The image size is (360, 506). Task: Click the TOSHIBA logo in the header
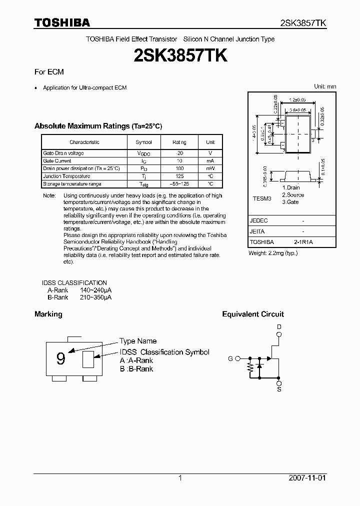click(x=62, y=22)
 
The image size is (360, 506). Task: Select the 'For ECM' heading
click(x=49, y=72)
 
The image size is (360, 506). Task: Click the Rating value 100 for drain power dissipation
click(x=179, y=168)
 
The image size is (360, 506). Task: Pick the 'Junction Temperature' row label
click(x=66, y=176)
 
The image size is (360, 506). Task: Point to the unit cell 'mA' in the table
click(x=210, y=161)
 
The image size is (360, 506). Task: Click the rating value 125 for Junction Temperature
click(x=179, y=176)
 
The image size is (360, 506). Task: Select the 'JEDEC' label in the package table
click(x=258, y=220)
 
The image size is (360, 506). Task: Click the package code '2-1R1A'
click(x=303, y=242)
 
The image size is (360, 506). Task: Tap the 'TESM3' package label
click(x=261, y=198)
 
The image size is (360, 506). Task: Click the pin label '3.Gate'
click(x=290, y=202)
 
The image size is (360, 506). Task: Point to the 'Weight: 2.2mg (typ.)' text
click(x=273, y=253)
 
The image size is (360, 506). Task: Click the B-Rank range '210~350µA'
click(x=95, y=297)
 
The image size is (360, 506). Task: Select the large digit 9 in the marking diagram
click(x=60, y=358)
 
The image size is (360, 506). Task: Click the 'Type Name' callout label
click(x=138, y=341)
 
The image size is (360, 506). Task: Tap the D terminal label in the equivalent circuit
click(x=279, y=326)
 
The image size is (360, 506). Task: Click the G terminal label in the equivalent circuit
click(x=230, y=358)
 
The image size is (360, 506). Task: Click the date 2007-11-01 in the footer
click(x=307, y=478)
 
